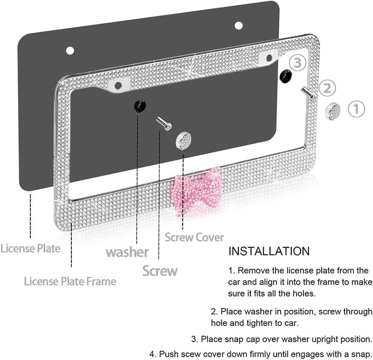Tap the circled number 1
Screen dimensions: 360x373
[356, 110]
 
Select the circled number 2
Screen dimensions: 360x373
[327, 88]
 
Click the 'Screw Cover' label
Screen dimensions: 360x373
[194, 238]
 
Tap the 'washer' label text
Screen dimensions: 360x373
[127, 252]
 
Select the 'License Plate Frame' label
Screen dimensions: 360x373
[70, 281]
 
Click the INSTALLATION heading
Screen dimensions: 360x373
[269, 251]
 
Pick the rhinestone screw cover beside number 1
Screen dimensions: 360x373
[333, 111]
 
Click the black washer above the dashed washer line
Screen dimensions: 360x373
[139, 106]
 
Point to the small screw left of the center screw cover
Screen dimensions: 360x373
[164, 123]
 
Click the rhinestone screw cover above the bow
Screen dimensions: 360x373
[184, 140]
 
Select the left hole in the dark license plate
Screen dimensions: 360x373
[70, 50]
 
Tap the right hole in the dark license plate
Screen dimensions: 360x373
[238, 25]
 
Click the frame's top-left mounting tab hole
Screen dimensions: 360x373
[117, 85]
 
